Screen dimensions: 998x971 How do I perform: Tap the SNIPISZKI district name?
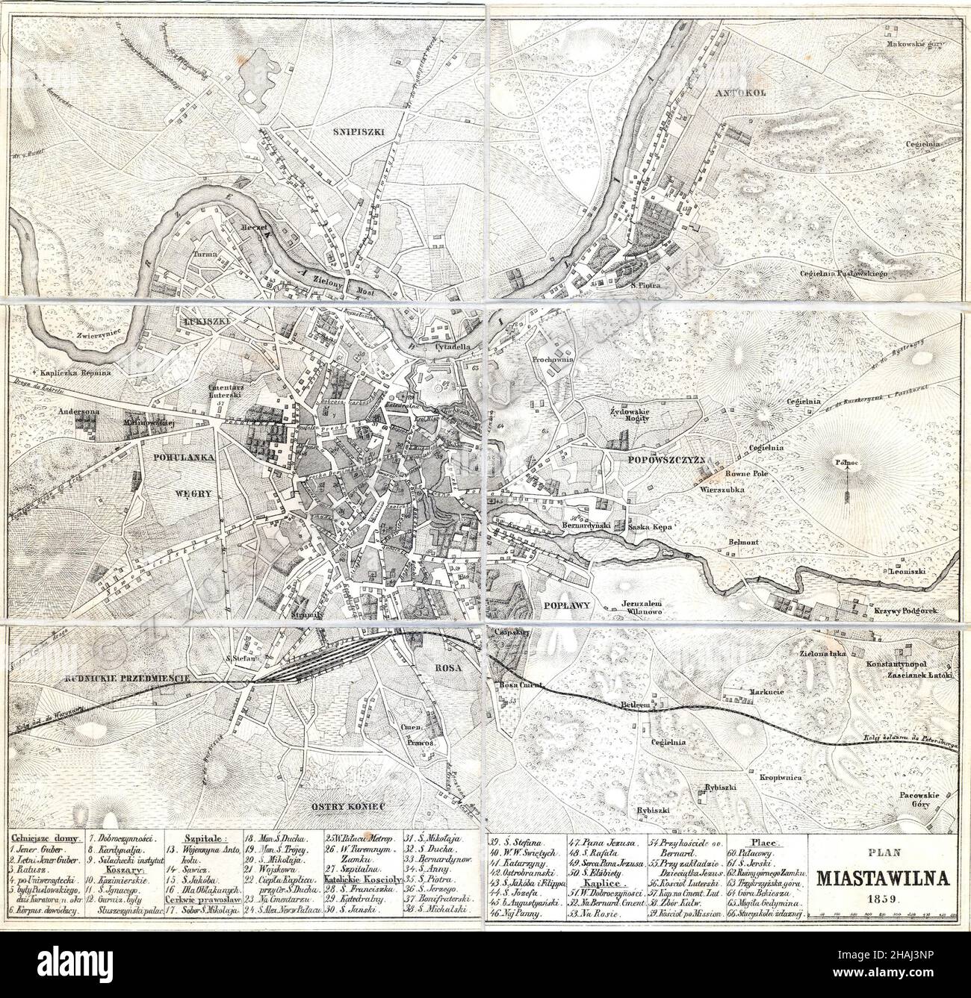coord(355,130)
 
